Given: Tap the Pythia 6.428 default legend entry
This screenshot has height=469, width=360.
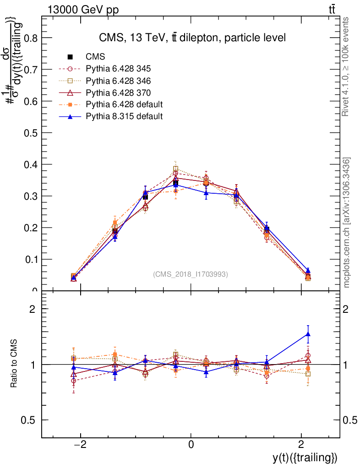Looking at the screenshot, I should coord(124,104).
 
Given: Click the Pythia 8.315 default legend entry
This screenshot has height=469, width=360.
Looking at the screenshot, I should coord(124,116).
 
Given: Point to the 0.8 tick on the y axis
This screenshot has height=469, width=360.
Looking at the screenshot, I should coord(28,38).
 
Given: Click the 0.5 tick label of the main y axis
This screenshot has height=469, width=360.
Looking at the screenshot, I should coord(28,133).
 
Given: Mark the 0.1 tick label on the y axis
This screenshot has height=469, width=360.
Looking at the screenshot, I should coord(28,259).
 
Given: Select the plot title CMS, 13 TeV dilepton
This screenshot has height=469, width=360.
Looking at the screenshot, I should coord(192,38).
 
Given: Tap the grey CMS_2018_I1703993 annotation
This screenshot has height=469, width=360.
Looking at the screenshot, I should coord(190,274).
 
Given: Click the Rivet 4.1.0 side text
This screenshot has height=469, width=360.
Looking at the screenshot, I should coord(346,66).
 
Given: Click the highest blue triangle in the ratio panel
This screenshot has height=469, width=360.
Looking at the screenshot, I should coord(308,334).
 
